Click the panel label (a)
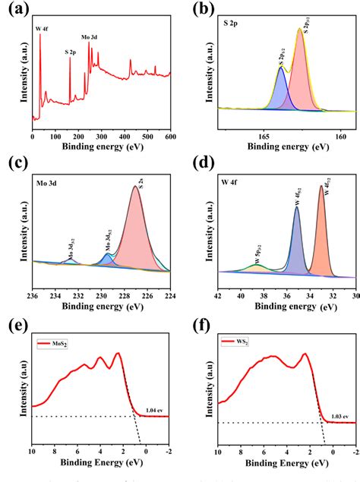[17, 11]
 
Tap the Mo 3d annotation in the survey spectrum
[89, 36]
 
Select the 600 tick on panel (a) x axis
[171, 137]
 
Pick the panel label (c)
[17, 162]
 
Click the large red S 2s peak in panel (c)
[137, 235]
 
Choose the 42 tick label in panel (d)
[218, 295]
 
